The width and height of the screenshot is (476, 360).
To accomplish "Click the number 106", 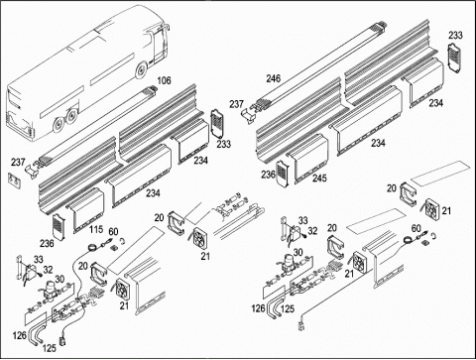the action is pyautogui.click(x=164, y=80).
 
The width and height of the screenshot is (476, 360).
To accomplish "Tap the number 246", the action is pyautogui.click(x=274, y=78).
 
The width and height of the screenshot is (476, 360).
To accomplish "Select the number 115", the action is pyautogui.click(x=96, y=229).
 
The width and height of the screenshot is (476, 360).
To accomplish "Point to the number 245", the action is pyautogui.click(x=319, y=178).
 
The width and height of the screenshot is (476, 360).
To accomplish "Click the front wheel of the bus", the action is pyautogui.click(x=141, y=70).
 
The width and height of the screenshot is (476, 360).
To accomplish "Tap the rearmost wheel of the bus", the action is pyautogui.click(x=58, y=125).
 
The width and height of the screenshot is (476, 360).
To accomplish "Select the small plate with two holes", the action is pyautogui.click(x=14, y=180).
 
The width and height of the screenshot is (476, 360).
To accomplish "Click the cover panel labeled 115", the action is pyautogui.click(x=85, y=209).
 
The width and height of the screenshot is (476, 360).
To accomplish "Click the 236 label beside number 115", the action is pyautogui.click(x=47, y=244).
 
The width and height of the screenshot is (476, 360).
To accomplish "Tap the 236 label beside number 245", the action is pyautogui.click(x=268, y=175).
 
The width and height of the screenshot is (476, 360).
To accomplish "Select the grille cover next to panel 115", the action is pyautogui.click(x=59, y=226).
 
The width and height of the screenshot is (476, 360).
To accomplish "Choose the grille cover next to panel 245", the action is pyautogui.click(x=282, y=173).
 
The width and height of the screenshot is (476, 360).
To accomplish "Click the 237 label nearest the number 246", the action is pyautogui.click(x=237, y=104).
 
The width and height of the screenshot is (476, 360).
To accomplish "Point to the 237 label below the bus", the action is pyautogui.click(x=18, y=162).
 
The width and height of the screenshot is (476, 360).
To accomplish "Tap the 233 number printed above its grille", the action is pyautogui.click(x=455, y=35).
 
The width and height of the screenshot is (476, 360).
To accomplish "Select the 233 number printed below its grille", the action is pyautogui.click(x=224, y=144).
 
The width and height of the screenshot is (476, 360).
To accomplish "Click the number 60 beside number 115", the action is pyautogui.click(x=113, y=232).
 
